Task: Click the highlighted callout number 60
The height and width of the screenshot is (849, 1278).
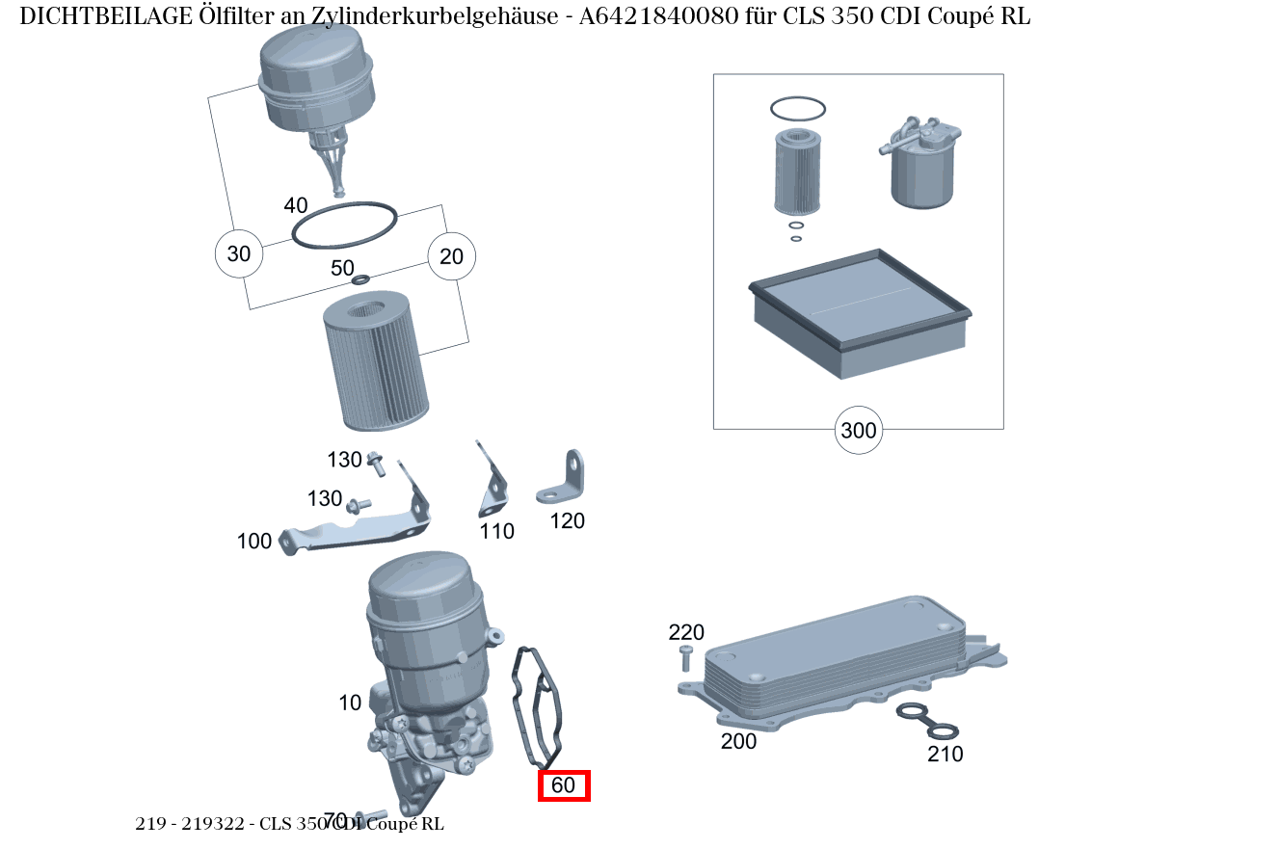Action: tap(563, 785)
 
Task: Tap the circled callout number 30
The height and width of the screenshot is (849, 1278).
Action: tap(238, 254)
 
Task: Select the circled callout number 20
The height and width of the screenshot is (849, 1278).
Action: tap(451, 256)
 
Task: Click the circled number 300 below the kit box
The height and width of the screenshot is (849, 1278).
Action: tap(858, 430)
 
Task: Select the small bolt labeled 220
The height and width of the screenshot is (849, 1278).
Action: tap(685, 659)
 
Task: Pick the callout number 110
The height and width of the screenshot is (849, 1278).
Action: tap(497, 531)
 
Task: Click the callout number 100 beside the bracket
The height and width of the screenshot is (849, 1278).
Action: tap(254, 542)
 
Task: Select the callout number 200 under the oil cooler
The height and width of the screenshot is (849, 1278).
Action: tap(738, 741)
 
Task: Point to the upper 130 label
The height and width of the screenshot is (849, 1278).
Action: tap(344, 460)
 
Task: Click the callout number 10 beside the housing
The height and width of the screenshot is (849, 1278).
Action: tap(350, 703)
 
